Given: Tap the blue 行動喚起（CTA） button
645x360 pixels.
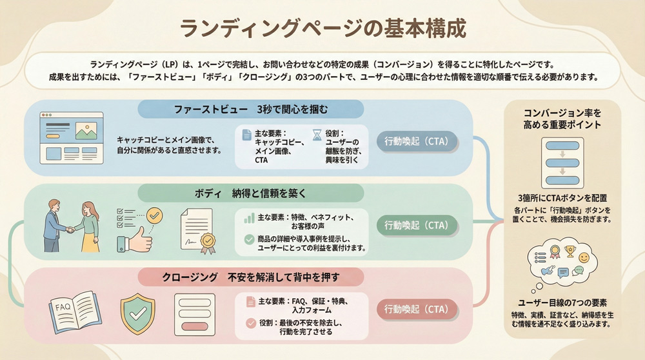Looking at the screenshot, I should coord(416,141).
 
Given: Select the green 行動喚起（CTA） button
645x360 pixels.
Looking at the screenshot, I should coord(416,225).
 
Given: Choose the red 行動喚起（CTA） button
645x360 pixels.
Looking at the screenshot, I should coord(416,308).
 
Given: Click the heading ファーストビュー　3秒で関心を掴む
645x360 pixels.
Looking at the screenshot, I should coord(251,108).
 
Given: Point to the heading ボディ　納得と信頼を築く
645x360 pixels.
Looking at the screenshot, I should coord(251,192).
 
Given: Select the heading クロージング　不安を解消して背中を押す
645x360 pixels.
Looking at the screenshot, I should coord(251,277).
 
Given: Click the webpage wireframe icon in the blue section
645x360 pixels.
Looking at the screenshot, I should coord(72,137).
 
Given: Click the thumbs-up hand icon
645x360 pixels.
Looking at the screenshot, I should coord(134,243).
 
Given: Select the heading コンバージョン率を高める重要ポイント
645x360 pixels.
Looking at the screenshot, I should coord(562,118).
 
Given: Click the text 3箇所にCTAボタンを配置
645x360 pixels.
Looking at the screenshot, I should coord(562,198).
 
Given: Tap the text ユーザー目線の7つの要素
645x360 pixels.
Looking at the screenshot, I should coord(562,303).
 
